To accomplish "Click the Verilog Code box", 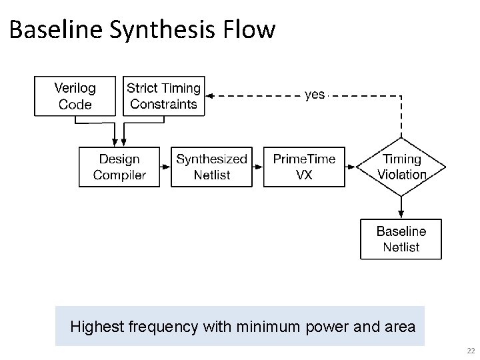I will (x=75, y=96).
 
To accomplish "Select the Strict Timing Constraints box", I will (x=163, y=96).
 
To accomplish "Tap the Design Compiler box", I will (x=119, y=167).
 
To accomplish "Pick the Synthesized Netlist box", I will (x=211, y=167).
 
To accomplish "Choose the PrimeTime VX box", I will (x=304, y=167).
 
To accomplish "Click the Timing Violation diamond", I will (x=401, y=167).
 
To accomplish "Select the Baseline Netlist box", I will (x=401, y=239).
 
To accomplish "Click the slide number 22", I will (x=471, y=351).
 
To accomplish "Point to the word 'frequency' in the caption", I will (x=157, y=327).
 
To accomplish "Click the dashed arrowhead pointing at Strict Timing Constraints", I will (x=208, y=95).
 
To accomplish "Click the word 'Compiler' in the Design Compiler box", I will (x=119, y=175).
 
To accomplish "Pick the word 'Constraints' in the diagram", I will (x=164, y=104).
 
